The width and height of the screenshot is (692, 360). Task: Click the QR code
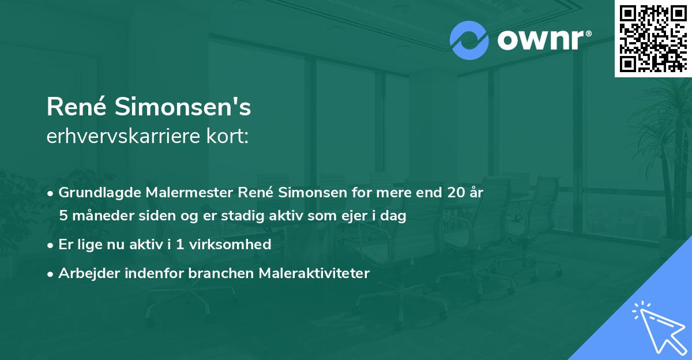coord(653,38)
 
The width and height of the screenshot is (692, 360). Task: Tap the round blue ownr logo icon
coord(468,40)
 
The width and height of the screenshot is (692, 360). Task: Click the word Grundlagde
coord(94,193)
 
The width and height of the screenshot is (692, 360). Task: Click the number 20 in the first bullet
coord(450,193)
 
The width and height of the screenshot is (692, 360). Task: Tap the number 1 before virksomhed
coord(180,245)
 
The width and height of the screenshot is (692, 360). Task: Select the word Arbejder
coord(85,273)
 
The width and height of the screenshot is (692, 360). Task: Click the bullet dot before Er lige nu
coord(51,245)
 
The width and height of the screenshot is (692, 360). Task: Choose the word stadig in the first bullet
coord(258,216)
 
